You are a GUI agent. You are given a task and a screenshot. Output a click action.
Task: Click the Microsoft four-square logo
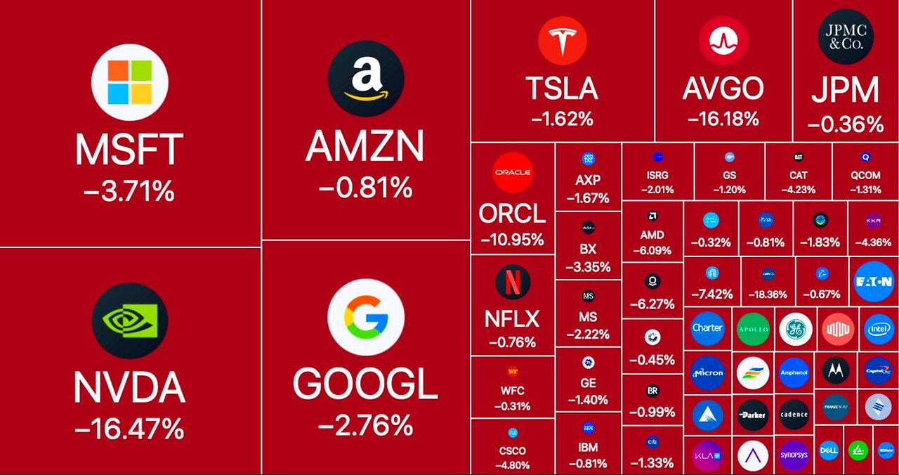[130, 82]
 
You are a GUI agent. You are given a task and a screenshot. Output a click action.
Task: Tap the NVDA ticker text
[129, 387]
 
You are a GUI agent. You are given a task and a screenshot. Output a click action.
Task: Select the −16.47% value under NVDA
[129, 427]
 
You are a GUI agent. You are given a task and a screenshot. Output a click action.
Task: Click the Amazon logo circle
[365, 78]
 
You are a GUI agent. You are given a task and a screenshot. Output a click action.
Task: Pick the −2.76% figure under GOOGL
[365, 424]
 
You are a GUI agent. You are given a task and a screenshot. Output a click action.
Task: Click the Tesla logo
[562, 41]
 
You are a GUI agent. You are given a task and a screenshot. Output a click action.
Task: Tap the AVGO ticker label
[723, 89]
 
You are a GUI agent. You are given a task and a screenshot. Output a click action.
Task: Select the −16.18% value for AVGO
[723, 118]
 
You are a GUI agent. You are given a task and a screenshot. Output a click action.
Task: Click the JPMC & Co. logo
[846, 37]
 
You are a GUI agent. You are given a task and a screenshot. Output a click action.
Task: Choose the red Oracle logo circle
[513, 172]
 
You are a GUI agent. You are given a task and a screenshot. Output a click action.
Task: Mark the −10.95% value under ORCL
[513, 240]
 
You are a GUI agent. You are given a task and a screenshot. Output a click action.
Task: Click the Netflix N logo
[513, 282]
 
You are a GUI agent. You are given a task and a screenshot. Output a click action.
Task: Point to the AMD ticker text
[652, 235]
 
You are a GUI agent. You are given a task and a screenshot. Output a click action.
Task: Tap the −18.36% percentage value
[768, 294]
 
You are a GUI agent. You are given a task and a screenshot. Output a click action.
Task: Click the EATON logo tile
[873, 282]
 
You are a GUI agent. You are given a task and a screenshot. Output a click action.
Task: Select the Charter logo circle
[707, 328]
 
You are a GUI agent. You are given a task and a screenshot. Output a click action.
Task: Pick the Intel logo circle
[879, 329]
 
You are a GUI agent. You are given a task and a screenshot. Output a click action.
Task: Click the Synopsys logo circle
[794, 455]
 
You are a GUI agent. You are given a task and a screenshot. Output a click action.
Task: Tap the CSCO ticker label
[512, 450]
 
